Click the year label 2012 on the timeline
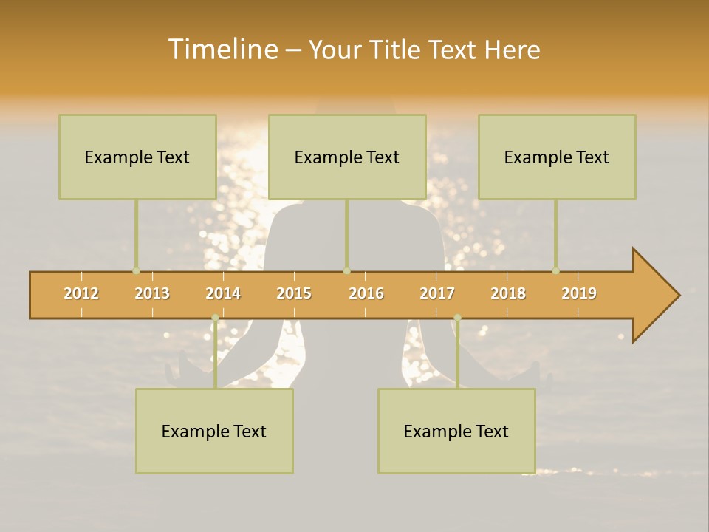tap(81, 293)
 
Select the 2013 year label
tap(152, 293)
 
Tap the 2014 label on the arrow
tap(223, 293)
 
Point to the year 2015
tap(294, 293)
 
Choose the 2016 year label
tap(366, 293)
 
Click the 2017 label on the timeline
tap(437, 293)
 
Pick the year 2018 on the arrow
tap(508, 293)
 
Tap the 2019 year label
tap(579, 293)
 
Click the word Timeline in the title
tap(222, 50)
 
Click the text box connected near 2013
tap(137, 157)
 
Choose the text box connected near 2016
tap(347, 157)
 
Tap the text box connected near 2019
tap(557, 157)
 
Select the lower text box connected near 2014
tap(214, 431)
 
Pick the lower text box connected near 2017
tap(456, 431)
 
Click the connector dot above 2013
tap(136, 270)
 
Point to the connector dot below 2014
tap(215, 318)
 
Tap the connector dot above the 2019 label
tap(555, 270)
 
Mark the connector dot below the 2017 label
tap(457, 318)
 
